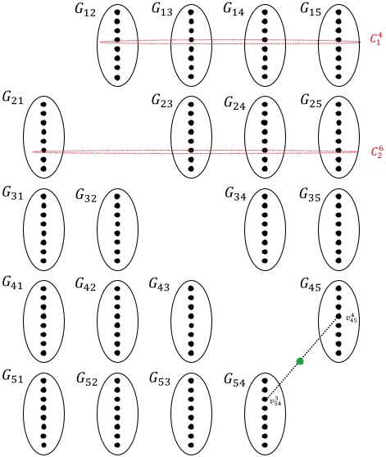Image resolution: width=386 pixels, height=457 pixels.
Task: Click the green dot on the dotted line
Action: (300, 361)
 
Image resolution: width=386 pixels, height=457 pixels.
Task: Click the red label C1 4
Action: (375, 38)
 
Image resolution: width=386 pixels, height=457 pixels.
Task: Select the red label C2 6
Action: (376, 152)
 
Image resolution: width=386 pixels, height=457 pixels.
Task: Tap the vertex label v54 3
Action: (277, 401)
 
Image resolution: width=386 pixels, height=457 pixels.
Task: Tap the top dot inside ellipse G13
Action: (191, 12)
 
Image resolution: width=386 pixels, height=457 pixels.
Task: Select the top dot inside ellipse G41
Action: (43, 289)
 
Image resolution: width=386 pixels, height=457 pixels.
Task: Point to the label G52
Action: (89, 378)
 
